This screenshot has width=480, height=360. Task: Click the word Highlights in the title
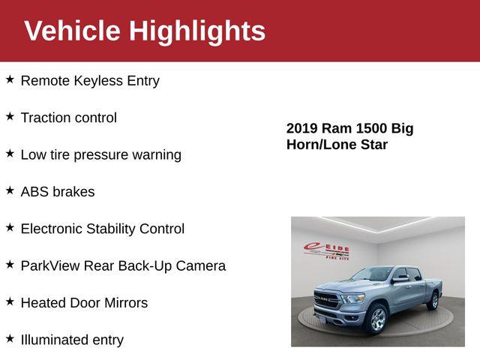197,31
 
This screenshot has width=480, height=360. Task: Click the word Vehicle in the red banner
72,31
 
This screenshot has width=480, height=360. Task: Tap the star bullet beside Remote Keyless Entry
10,79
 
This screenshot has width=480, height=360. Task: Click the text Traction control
68,118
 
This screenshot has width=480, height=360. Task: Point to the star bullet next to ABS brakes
10,190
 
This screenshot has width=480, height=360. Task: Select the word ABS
34,192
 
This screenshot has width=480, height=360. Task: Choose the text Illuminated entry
72,340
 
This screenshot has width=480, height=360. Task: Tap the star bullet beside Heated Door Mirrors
10,301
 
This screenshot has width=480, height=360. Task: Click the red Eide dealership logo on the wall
326,250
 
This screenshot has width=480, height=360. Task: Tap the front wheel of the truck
376,319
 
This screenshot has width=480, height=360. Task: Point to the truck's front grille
328,299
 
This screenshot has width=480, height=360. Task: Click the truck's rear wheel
433,301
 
